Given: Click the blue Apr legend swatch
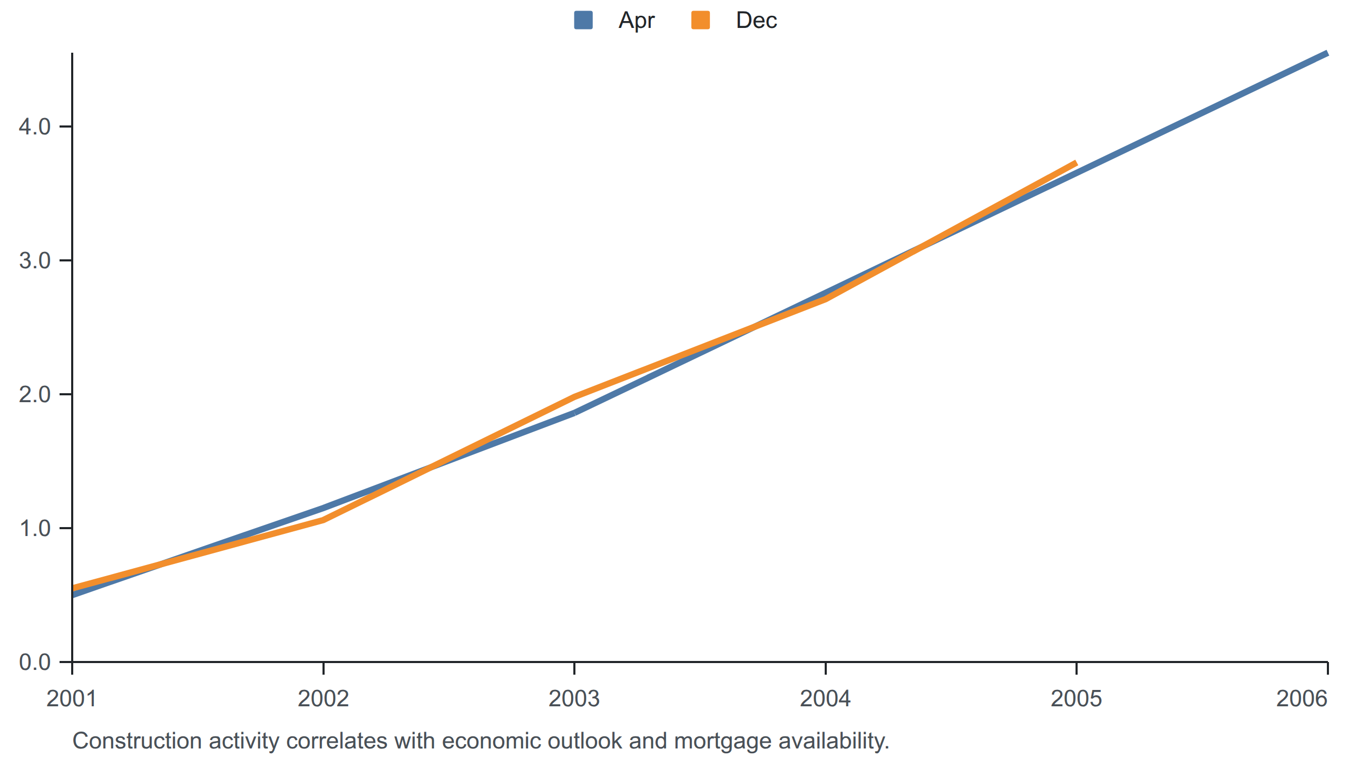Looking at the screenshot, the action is pos(583,20).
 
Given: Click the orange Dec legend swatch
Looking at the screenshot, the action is pos(700,20).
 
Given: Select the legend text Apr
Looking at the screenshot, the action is pos(637,21).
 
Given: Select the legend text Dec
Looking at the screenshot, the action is pos(756,21).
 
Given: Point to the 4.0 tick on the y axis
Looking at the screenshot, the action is pos(35,126).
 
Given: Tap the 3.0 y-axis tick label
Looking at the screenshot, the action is pos(35,260).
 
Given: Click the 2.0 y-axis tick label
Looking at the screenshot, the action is pos(35,394).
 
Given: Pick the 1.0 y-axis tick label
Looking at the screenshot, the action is pos(35,528).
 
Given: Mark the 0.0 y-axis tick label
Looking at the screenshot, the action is pos(35,662).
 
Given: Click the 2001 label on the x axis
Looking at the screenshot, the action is pos(72,698).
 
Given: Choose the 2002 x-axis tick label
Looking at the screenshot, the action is pos(323,698).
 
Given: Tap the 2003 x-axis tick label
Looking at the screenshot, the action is pos(574,698).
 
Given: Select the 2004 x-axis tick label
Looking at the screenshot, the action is pos(825,698).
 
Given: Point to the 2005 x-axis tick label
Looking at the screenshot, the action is pos(1076,698).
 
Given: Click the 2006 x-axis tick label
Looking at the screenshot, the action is pos(1302,698).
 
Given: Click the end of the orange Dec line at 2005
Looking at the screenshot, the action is pos(1076,163).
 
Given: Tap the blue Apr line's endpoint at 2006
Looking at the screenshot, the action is pos(1327,53).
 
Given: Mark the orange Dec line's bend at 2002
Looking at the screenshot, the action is pos(323,520).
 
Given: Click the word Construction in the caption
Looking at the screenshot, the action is pos(137,741).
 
